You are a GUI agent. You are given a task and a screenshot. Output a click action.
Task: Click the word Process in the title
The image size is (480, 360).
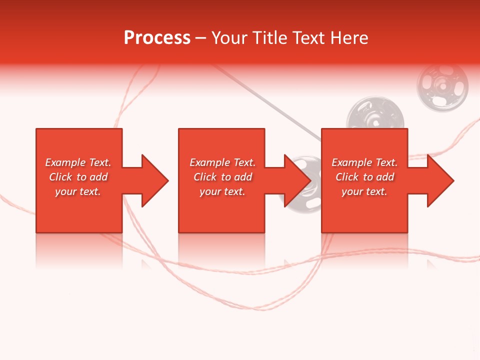(x=157, y=38)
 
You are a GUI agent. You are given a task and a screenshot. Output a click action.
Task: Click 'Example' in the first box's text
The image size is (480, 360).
(x=66, y=162)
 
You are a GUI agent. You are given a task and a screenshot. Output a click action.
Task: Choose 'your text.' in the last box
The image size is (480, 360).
(x=364, y=191)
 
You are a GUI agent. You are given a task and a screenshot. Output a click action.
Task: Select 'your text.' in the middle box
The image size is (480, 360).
(x=222, y=191)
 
